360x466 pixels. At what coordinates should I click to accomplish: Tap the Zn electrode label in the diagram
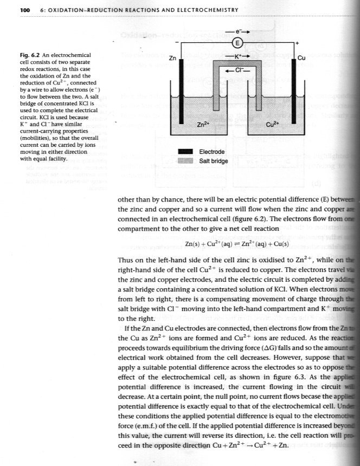[x=172, y=57]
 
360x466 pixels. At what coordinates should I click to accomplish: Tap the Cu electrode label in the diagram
[x=303, y=57]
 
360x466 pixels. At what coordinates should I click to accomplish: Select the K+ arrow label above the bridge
[x=236, y=56]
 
